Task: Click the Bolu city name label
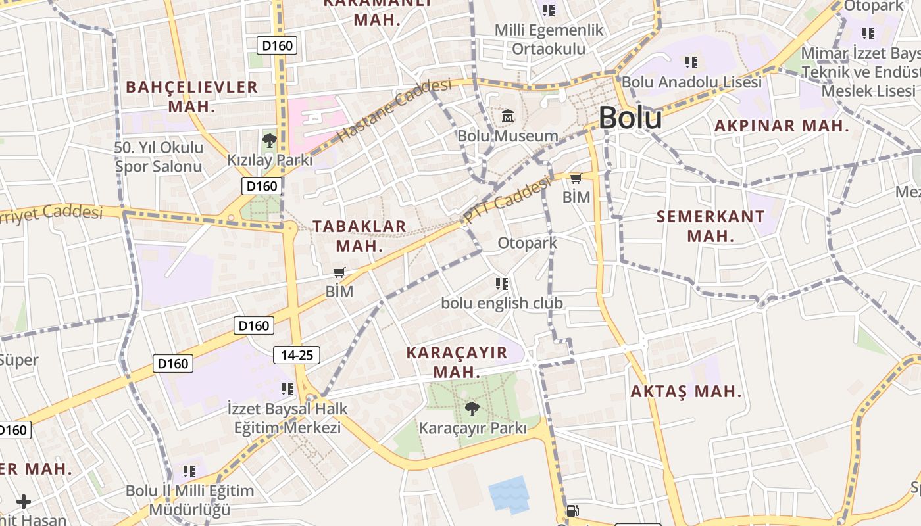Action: (x=630, y=118)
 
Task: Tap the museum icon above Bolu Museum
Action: (x=508, y=116)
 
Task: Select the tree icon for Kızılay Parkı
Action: (x=269, y=140)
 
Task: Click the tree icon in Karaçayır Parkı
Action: (x=472, y=409)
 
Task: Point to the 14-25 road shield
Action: (x=297, y=355)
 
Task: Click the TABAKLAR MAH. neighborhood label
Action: (x=359, y=236)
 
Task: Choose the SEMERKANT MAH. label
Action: (x=710, y=226)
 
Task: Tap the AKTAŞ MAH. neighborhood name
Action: (x=686, y=392)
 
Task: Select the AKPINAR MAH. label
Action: (x=782, y=126)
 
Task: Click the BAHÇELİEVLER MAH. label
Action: (x=191, y=96)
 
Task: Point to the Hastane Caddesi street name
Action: (x=395, y=110)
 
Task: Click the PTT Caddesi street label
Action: (x=507, y=199)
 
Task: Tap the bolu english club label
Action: (x=502, y=303)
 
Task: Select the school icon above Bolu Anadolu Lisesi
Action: (x=691, y=62)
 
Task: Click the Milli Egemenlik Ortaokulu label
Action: (x=549, y=39)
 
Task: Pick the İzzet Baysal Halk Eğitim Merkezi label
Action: (x=287, y=418)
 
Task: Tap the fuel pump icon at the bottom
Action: (x=572, y=511)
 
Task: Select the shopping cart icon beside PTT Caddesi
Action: (x=576, y=178)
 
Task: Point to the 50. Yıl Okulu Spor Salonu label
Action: (x=159, y=156)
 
